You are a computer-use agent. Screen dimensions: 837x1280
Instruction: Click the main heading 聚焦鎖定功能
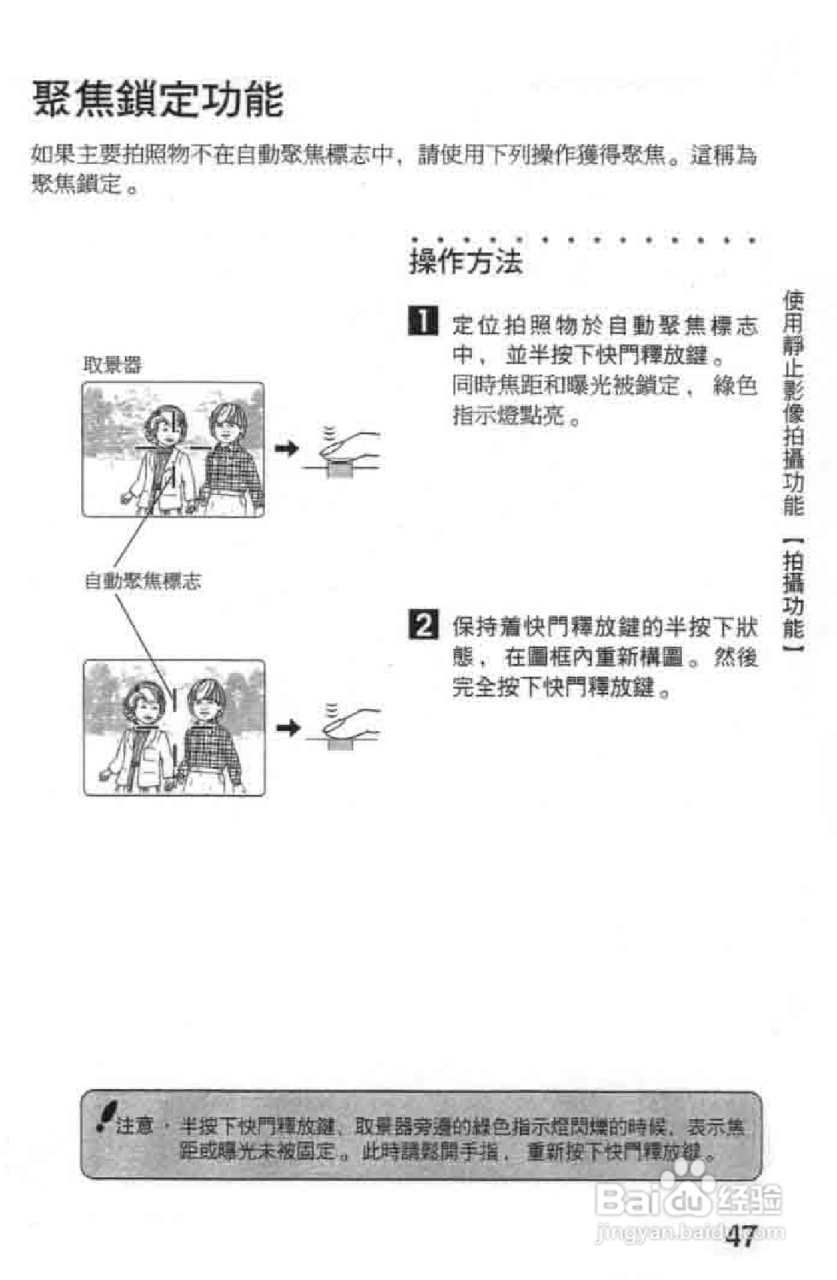point(158,100)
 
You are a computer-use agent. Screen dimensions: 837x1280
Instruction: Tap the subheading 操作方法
point(465,262)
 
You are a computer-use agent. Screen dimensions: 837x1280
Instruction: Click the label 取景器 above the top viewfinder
point(112,365)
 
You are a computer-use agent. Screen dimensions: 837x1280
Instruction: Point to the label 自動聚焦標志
point(142,581)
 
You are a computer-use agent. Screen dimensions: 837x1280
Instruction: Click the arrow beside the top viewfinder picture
point(286,449)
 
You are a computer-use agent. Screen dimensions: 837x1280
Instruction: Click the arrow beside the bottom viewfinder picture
point(288,727)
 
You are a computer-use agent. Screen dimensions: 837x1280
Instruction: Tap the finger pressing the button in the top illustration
point(350,445)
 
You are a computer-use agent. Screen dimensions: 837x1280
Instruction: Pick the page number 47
point(741,1236)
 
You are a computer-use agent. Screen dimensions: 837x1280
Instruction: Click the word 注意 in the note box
point(135,1126)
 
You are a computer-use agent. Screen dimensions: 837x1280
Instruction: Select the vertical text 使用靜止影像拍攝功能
point(793,403)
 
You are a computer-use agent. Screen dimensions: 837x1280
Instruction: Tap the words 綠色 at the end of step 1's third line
point(735,386)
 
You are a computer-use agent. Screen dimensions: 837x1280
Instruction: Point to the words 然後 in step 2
point(735,657)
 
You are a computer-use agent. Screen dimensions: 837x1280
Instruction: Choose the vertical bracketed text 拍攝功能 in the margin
point(793,594)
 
